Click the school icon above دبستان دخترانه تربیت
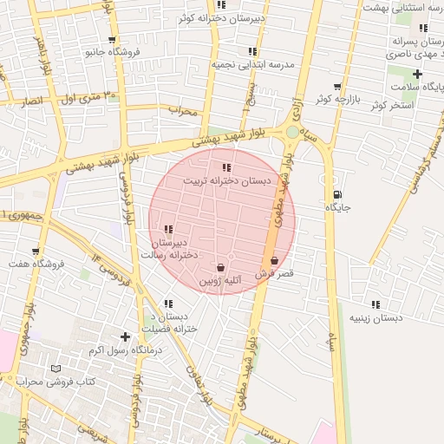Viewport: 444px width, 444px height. point(226,167)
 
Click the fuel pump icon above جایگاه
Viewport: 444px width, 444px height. point(337,194)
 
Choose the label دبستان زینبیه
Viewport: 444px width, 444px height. point(375,318)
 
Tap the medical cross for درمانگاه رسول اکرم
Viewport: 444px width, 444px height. point(126,336)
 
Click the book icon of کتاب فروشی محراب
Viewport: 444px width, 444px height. point(56,369)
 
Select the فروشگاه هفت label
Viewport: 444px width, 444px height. point(37,263)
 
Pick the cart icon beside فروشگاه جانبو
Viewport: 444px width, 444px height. point(112,40)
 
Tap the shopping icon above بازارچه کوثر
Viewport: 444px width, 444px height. point(337,88)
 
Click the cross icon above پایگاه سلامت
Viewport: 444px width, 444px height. point(417,75)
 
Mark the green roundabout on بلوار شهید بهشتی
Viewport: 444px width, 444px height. point(292,132)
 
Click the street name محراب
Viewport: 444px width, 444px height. point(183,111)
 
